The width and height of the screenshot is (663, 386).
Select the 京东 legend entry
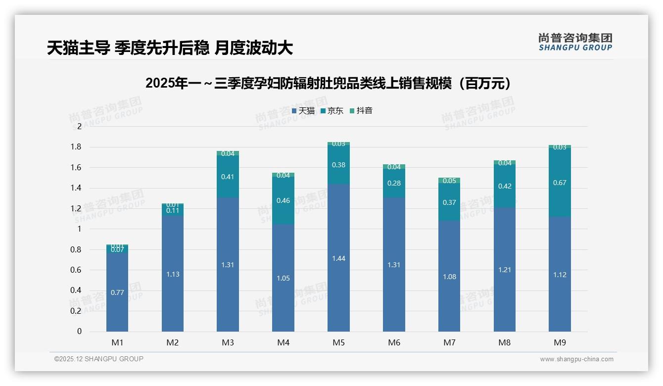pos(332,111)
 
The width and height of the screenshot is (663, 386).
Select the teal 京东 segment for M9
pos(560,183)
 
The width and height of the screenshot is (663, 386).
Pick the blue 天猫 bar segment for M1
pos(117,292)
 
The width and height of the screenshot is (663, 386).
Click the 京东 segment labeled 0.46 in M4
pos(283,200)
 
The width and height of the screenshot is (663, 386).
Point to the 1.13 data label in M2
pos(173,274)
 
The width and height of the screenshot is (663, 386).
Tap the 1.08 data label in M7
pos(449,277)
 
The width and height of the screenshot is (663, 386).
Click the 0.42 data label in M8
pos(505,186)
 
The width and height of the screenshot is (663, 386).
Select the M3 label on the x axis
pos(228,342)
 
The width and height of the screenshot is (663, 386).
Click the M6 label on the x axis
pos(394,342)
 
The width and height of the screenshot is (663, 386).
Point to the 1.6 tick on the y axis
pos(76,167)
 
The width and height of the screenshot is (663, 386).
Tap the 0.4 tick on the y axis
pos(76,290)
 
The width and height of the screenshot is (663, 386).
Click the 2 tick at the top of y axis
pos(79,126)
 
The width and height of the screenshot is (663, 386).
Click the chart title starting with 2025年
pos(328,83)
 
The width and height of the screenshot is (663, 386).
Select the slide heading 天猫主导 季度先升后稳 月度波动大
pos(170,48)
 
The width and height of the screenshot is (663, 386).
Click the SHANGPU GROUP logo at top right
pos(575,42)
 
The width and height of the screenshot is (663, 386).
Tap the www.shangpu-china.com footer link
pos(576,359)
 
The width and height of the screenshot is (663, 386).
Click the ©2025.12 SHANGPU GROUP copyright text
pos(99,359)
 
